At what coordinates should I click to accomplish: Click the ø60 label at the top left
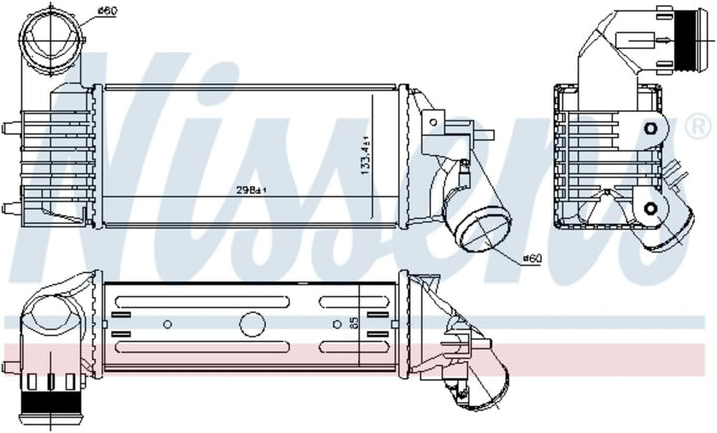[x=107, y=11]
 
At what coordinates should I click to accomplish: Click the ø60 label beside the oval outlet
[x=532, y=259]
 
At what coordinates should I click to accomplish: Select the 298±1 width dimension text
[x=251, y=190]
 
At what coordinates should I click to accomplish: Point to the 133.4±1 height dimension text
[x=365, y=155]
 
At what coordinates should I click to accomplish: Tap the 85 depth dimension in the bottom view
[x=354, y=324]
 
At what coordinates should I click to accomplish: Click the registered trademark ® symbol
[x=698, y=127]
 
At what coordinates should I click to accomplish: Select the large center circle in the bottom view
[x=252, y=325]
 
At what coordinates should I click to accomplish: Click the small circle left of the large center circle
[x=168, y=325]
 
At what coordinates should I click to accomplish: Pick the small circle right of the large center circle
[x=337, y=325]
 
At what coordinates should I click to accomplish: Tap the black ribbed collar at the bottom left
[x=51, y=403]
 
